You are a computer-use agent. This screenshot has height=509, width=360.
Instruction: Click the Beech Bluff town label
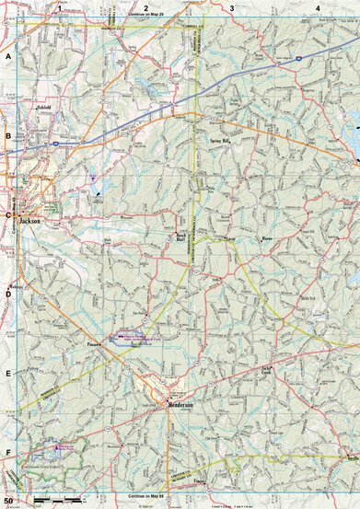tap(182, 236)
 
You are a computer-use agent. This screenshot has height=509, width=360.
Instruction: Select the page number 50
tap(8, 501)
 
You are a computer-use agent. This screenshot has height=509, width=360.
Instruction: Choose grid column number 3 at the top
tap(232, 7)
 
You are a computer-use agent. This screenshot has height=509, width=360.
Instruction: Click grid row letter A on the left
tap(8, 57)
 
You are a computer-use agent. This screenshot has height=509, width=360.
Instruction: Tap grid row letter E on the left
tap(8, 374)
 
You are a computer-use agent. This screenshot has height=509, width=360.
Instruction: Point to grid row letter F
tap(8, 453)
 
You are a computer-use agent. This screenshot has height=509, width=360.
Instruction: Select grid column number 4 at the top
tap(318, 7)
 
